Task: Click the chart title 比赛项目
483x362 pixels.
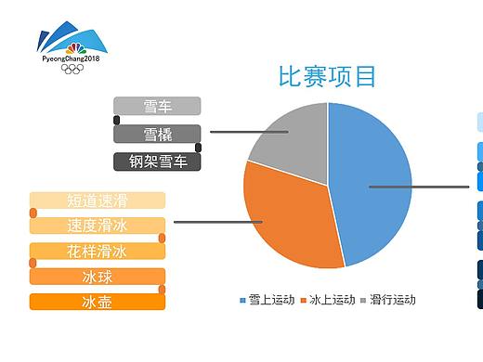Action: (328, 76)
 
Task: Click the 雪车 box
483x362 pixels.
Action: (157, 106)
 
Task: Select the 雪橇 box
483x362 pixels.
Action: (157, 134)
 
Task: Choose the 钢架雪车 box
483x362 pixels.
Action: (157, 162)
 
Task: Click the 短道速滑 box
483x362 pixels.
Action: (98, 200)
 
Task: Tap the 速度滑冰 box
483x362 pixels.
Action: (98, 226)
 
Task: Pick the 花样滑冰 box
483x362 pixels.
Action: (98, 252)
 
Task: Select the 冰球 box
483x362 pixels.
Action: (98, 277)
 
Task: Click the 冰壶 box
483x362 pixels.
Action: (98, 302)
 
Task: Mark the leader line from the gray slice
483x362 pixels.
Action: (246, 132)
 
